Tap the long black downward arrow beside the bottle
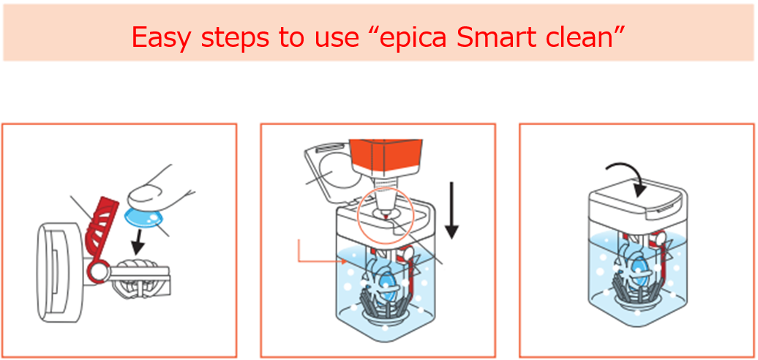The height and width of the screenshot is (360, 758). point(451,211)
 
